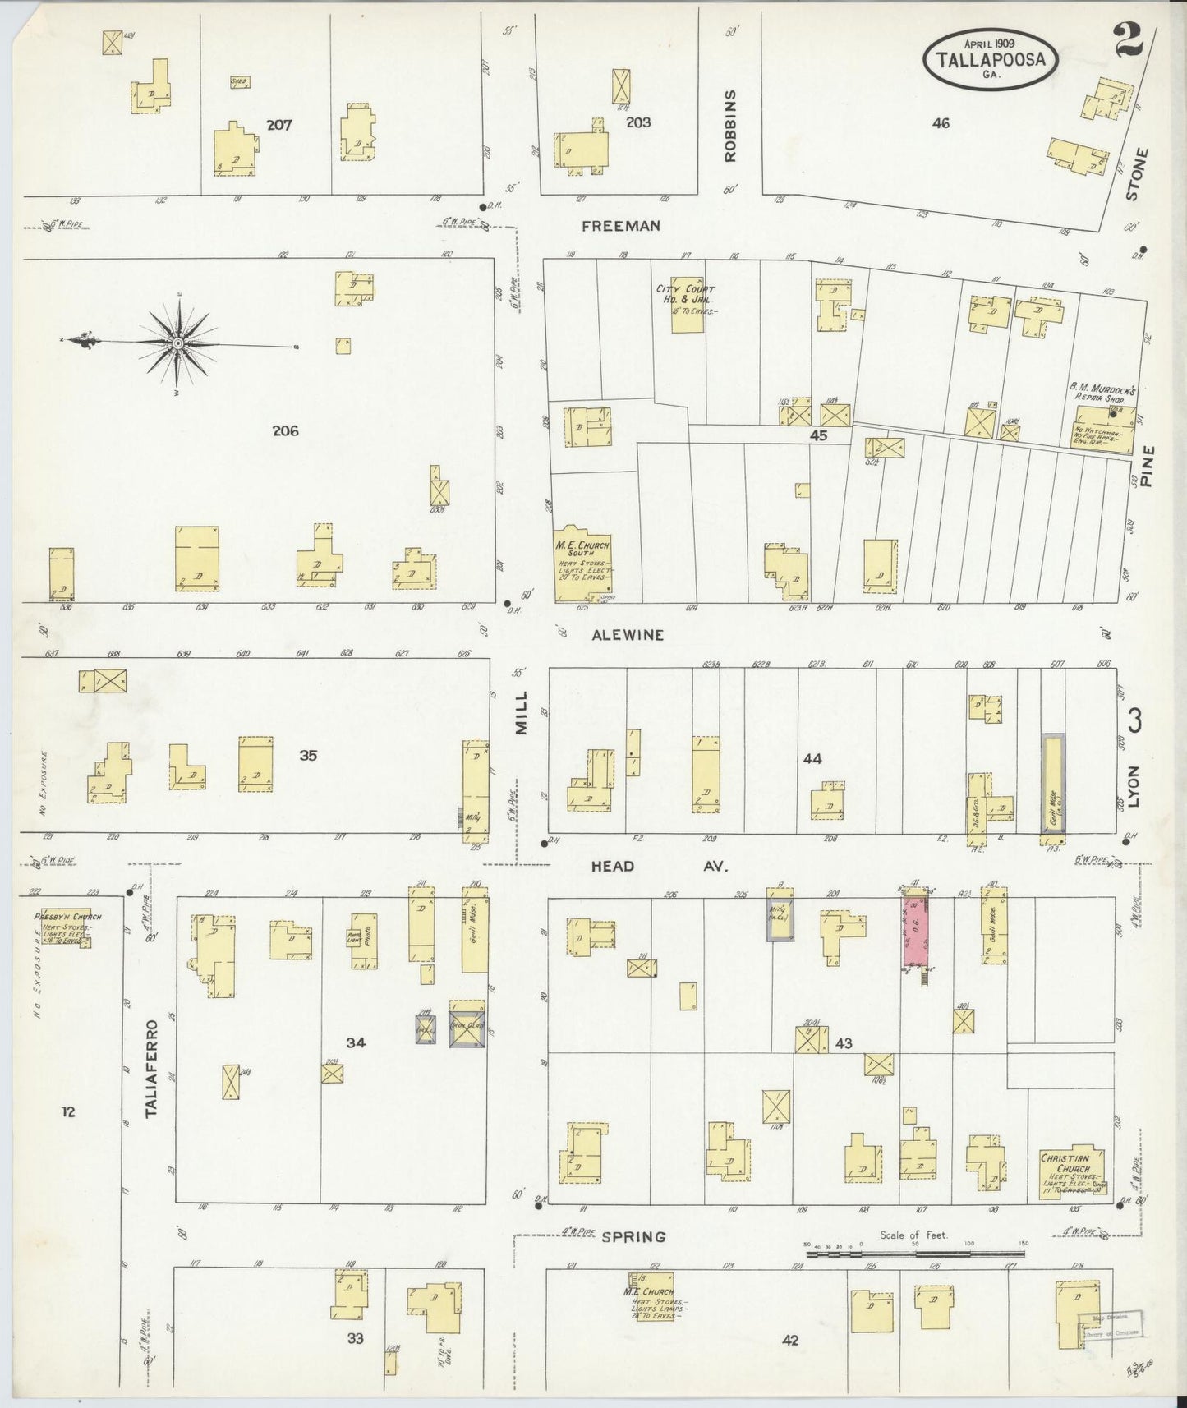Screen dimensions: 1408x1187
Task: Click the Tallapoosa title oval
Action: (991, 59)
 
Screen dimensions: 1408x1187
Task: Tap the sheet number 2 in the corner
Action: (1125, 40)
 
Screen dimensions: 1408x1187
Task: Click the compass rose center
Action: (177, 343)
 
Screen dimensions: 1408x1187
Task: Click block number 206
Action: (285, 430)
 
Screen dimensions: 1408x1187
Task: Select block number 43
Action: (843, 1043)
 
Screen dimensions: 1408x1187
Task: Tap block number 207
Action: (279, 125)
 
